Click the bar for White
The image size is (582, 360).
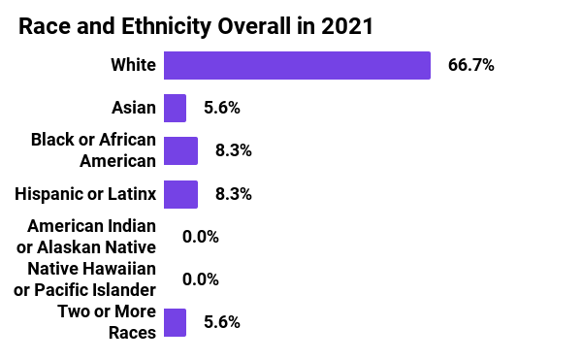(x=297, y=65)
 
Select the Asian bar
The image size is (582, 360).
(x=175, y=108)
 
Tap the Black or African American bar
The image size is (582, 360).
(x=180, y=150)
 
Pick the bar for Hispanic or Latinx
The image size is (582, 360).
(x=180, y=193)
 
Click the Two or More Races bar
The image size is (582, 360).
(x=175, y=322)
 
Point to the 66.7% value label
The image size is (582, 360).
(x=470, y=65)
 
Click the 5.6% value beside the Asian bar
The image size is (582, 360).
(x=221, y=108)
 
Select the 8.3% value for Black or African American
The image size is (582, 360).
(x=233, y=150)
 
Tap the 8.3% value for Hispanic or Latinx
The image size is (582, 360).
(x=233, y=193)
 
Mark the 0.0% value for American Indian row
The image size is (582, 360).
(x=201, y=236)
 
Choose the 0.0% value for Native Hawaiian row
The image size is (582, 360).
(x=201, y=279)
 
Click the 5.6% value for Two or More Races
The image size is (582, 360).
(x=221, y=322)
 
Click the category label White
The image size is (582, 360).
(x=133, y=65)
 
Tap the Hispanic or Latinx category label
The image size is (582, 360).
(x=85, y=193)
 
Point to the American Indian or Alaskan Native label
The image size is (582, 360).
(x=91, y=236)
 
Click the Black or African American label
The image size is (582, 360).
(x=93, y=150)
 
